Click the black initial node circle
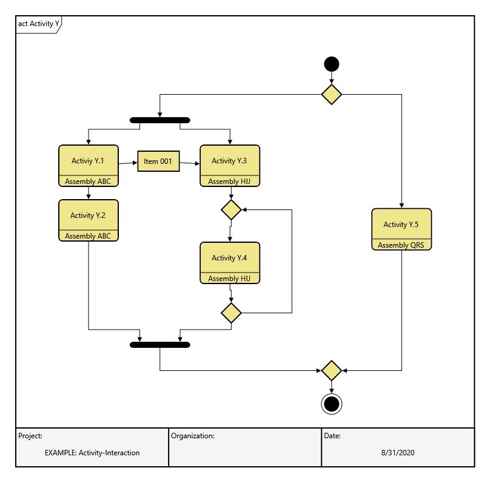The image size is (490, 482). (x=331, y=64)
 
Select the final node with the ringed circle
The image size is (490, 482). (x=331, y=404)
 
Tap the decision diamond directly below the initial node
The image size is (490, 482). (x=331, y=94)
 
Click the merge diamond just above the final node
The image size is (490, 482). (x=331, y=370)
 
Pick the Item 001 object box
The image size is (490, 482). (x=158, y=161)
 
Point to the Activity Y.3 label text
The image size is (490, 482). (x=229, y=161)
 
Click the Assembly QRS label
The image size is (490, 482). (x=401, y=245)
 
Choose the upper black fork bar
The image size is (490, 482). (x=160, y=120)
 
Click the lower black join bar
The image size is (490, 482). (x=160, y=345)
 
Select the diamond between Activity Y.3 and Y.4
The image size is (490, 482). (x=231, y=210)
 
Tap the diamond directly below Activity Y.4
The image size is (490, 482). (x=231, y=313)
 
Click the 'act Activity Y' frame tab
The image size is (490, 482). (x=38, y=24)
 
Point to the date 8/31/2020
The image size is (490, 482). (x=398, y=453)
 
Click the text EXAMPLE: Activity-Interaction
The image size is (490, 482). (x=92, y=453)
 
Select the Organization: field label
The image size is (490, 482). (x=192, y=436)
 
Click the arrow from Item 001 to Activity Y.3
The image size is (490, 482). (x=190, y=163)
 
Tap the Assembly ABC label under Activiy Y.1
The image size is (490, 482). (x=88, y=181)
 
